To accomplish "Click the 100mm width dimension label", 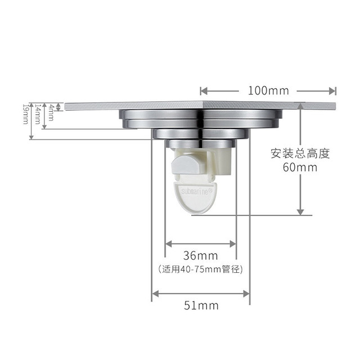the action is tap(268, 91).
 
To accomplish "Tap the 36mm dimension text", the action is tap(200, 255).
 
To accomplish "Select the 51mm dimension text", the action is tap(201, 305).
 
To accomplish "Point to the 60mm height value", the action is tap(300, 168).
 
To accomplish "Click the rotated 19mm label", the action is tap(25, 114).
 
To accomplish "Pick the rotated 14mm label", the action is tap(38, 114).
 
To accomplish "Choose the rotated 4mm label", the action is tap(51, 112).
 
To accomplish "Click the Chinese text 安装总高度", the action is tap(300, 154).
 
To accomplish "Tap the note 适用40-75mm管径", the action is tap(200, 269).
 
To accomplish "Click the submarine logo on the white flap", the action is tap(196, 191).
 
